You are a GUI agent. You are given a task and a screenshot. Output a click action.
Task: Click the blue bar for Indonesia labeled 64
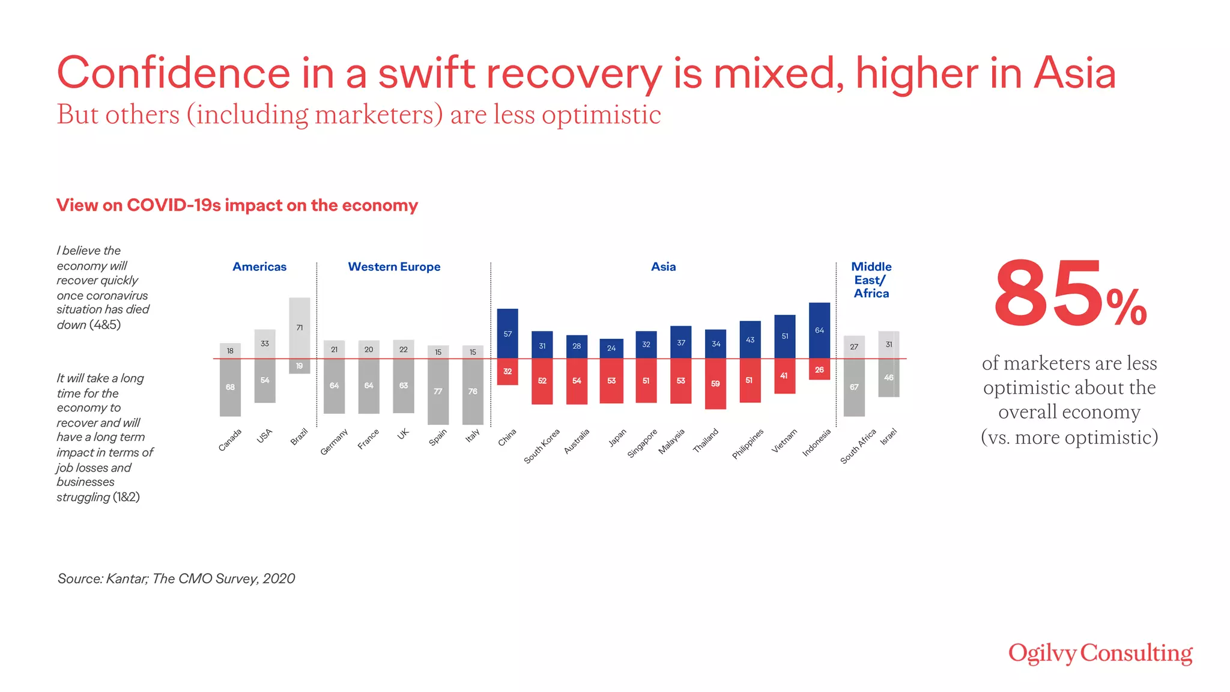coord(819,330)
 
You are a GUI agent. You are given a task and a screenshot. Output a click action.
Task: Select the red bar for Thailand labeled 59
coord(715,384)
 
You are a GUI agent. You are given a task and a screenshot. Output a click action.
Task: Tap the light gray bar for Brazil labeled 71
coord(299,327)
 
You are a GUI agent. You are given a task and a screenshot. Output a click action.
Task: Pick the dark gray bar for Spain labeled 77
coord(438,392)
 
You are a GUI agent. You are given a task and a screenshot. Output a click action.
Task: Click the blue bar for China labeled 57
coord(507,333)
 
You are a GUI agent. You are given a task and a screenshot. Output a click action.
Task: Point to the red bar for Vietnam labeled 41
coord(784,376)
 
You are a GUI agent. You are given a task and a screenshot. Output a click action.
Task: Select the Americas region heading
coord(259,267)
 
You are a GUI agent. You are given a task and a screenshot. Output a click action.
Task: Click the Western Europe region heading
coord(394,267)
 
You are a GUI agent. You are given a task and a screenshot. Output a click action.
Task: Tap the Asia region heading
coord(663,267)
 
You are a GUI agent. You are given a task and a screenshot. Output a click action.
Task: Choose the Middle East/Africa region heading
coord(871,280)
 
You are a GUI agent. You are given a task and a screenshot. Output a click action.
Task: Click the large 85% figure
coord(1069,294)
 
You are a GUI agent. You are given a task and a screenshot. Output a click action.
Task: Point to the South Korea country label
coord(542,446)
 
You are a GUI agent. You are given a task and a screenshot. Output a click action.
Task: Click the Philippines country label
coord(748,443)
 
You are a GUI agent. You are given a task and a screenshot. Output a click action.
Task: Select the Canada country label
coord(230,440)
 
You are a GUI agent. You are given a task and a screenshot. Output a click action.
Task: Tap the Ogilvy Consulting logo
coord(1100,654)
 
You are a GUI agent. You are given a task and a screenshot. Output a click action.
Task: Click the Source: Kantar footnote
coord(176,578)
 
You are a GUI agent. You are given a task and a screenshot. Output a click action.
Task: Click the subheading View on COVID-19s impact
coord(237,205)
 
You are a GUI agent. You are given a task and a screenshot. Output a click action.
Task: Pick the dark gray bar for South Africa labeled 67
coord(854,387)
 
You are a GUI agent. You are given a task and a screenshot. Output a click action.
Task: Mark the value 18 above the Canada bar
coord(230,351)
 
